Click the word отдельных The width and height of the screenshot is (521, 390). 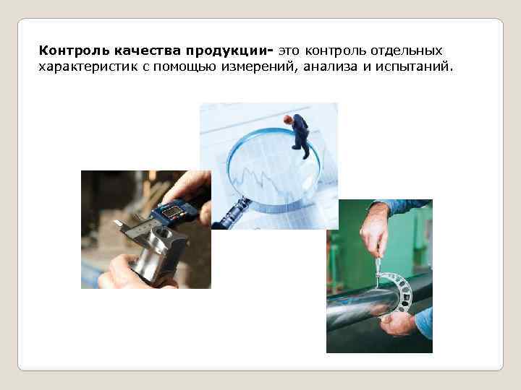click(x=411, y=51)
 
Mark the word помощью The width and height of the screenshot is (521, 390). click(x=186, y=67)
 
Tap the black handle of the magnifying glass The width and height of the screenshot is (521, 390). click(x=230, y=214)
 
